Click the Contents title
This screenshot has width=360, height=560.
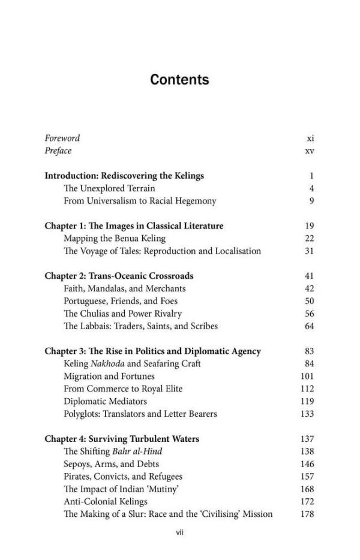179,80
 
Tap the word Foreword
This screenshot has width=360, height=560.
62,138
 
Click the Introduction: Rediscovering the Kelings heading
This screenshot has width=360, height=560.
124,176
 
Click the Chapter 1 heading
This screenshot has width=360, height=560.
134,226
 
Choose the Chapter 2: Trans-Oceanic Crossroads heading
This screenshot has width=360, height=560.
119,276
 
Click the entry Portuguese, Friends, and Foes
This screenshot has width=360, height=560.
120,301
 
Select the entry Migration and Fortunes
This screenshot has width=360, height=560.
109,377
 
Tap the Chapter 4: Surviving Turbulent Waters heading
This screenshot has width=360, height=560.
122,439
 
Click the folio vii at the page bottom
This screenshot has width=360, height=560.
179,532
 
